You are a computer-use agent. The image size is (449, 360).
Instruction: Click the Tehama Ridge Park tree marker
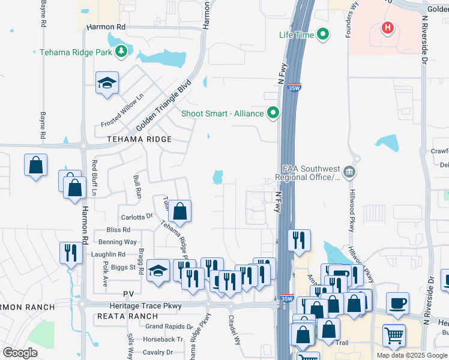click(x=122, y=52)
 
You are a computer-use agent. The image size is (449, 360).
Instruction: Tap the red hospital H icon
click(x=388, y=28)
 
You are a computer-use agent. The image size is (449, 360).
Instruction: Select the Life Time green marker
click(x=323, y=35)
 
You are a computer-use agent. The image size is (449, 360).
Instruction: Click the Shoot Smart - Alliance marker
click(x=274, y=113)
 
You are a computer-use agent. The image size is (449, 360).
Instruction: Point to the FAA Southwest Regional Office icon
click(x=351, y=173)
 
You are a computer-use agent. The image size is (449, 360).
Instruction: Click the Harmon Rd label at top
click(x=106, y=28)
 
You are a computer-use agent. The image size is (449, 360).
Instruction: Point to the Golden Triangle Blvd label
click(x=163, y=107)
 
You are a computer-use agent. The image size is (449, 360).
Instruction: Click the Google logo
click(x=20, y=353)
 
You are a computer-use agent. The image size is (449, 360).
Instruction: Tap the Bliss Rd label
click(x=118, y=230)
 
